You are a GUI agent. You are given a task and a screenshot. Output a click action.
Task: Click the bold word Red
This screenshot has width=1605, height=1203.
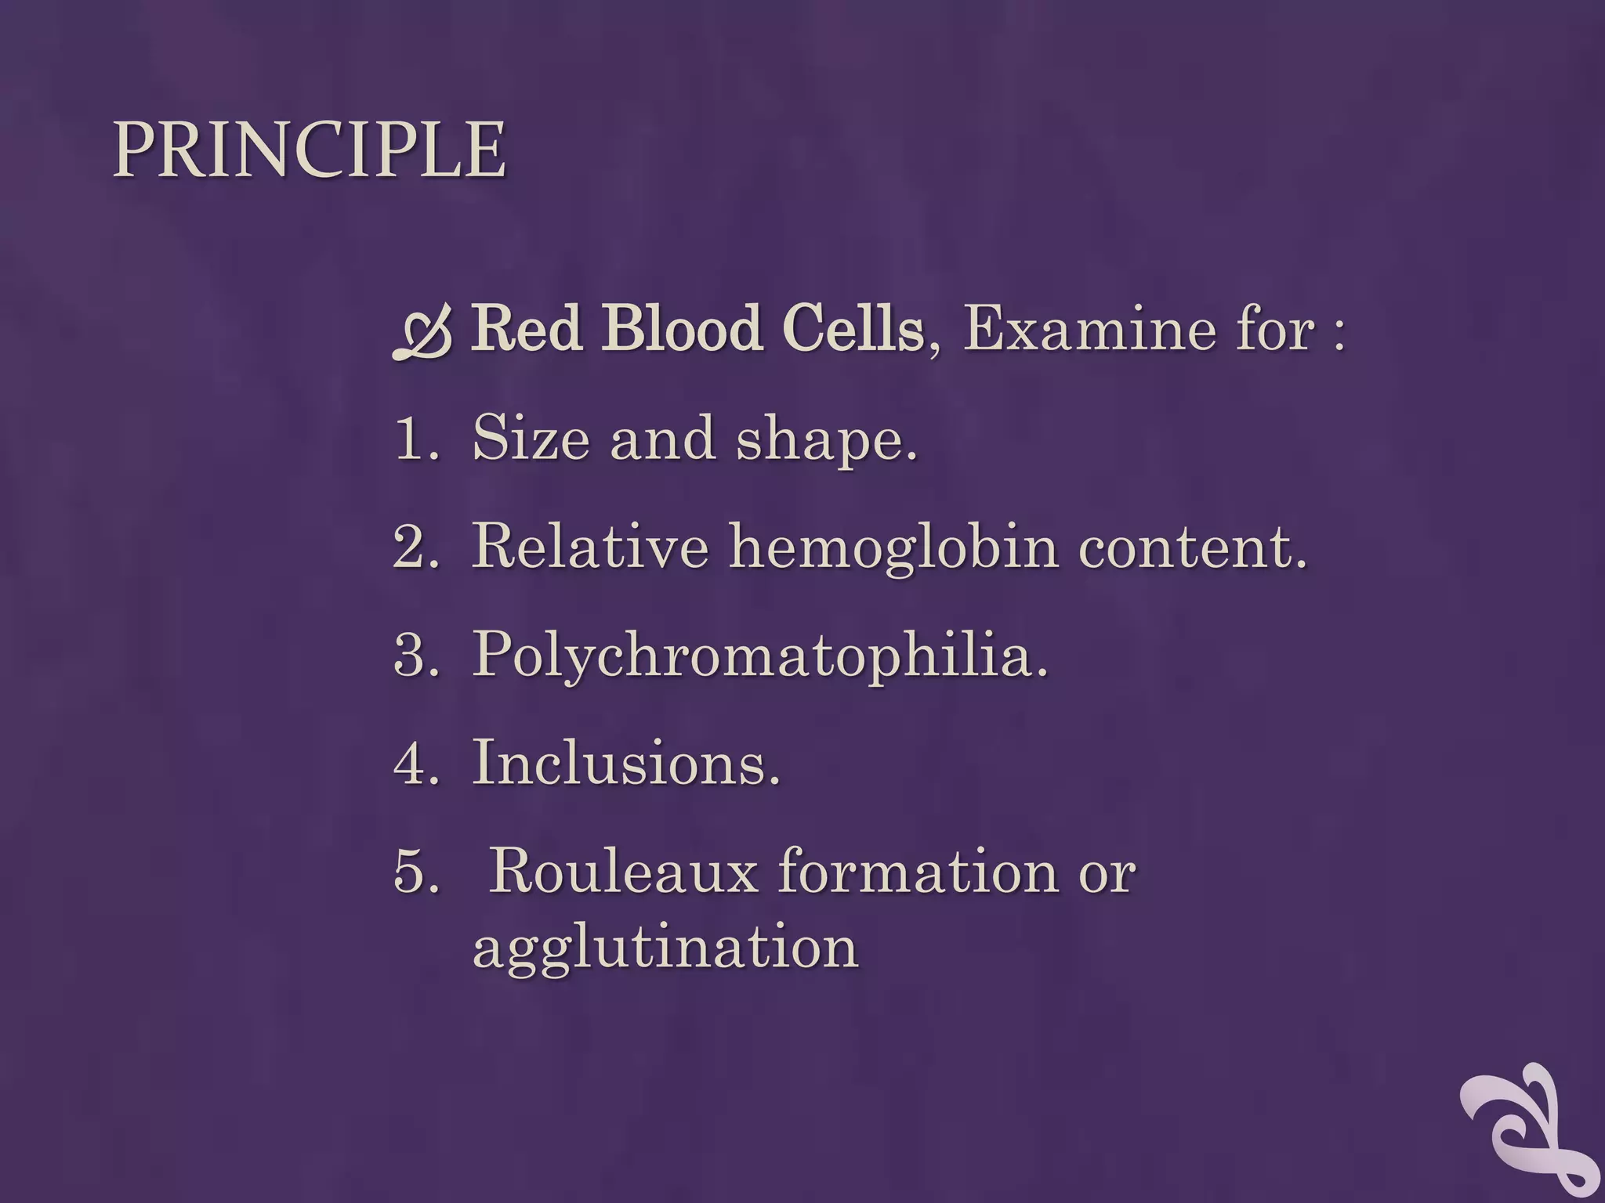pos(527,328)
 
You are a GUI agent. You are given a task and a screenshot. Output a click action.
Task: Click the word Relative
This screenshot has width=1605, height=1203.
pos(590,546)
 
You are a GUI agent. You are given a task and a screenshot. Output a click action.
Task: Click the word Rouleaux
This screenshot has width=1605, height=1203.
pos(623,871)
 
